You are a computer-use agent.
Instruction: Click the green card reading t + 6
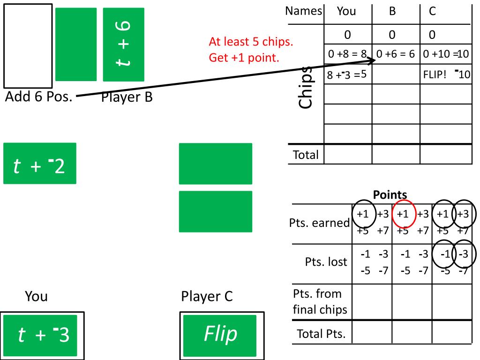coord(124,44)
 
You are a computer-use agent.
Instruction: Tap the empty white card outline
coord(28,45)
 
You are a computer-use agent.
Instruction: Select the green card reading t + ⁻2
coord(39,163)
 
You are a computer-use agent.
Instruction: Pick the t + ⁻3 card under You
coord(43,335)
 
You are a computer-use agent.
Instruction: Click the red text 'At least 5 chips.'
coord(251,42)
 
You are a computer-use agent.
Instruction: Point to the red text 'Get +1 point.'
coord(244,59)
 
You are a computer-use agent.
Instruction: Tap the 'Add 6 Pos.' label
coord(38,97)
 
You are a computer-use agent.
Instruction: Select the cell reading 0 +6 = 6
coord(396,54)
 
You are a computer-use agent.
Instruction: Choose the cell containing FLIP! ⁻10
coord(446,75)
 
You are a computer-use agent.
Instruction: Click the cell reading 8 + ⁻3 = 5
coord(347,75)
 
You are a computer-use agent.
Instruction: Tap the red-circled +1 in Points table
coord(404,213)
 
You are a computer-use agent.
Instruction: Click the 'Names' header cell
coord(304,11)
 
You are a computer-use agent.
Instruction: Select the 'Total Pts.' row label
coord(321,334)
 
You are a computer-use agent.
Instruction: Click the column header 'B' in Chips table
coord(392,11)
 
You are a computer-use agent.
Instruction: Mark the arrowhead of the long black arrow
coord(374,60)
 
